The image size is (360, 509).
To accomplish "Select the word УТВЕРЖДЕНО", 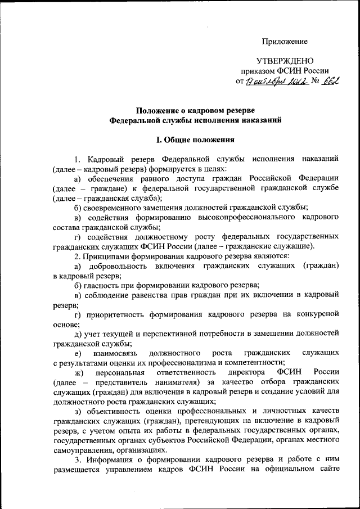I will [x=284, y=61].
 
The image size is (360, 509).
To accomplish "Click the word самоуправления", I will [x=81, y=451].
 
